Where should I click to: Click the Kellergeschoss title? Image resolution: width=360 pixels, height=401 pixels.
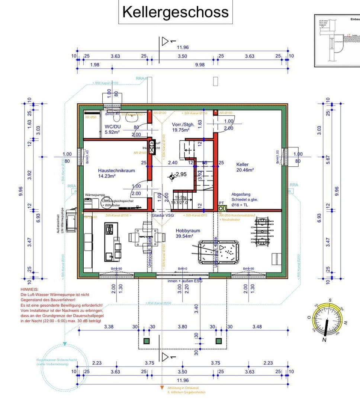[x=175, y=12]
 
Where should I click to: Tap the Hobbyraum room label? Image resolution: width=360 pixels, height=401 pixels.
[x=188, y=231]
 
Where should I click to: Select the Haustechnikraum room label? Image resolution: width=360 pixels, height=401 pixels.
[x=116, y=170]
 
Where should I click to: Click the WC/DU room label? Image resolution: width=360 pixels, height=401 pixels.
[x=112, y=127]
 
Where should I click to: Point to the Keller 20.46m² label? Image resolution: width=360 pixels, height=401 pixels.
[x=242, y=164]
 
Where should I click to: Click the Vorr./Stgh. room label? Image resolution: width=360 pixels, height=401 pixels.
[x=183, y=124]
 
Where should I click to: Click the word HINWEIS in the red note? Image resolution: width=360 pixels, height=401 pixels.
[x=30, y=289]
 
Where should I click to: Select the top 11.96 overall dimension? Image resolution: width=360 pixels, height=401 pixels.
[x=183, y=47]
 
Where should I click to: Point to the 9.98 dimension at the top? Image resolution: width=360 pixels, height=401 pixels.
[x=200, y=65]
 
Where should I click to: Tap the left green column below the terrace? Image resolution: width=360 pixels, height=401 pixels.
[x=147, y=341]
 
